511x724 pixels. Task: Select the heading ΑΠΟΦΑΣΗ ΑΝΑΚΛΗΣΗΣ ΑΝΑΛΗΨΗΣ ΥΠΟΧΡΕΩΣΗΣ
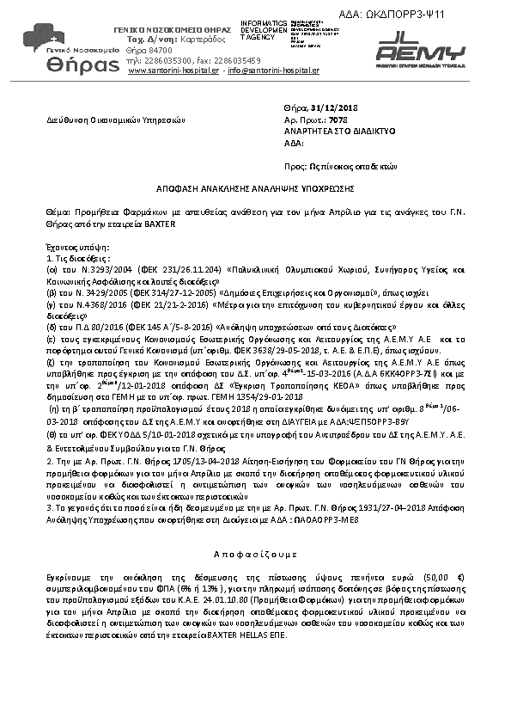tap(255, 187)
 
